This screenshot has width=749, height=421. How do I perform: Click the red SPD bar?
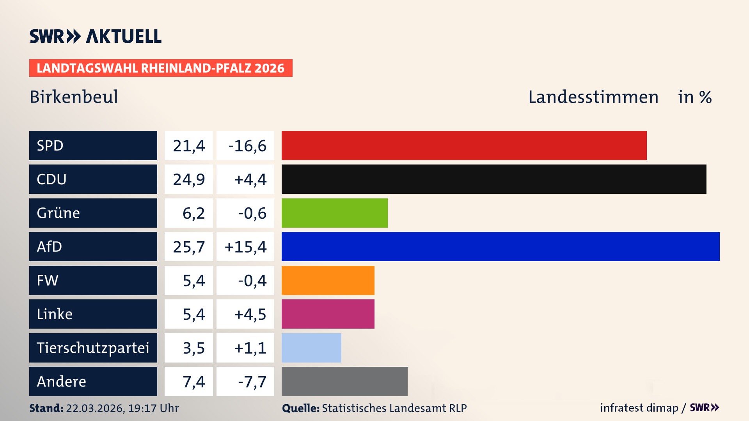tap(464, 145)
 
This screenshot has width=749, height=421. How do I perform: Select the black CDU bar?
tap(493, 179)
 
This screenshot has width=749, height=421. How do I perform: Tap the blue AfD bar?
tap(501, 246)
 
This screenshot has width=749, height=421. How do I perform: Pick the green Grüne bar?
tap(334, 213)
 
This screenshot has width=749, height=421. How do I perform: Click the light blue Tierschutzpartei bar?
tap(311, 348)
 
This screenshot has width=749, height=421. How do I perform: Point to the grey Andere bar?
tap(344, 381)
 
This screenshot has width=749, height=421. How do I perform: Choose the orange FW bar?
tap(328, 280)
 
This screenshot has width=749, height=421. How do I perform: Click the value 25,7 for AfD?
tap(189, 247)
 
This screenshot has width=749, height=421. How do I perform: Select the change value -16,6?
tap(247, 146)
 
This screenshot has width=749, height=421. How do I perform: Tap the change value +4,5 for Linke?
tap(250, 314)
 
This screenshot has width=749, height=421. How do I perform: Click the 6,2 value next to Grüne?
tap(193, 213)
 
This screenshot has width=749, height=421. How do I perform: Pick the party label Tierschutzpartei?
tap(93, 348)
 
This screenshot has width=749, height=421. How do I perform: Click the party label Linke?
tap(55, 314)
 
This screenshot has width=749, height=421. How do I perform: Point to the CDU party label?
tap(51, 179)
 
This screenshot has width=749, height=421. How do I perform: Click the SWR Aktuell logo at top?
tap(96, 36)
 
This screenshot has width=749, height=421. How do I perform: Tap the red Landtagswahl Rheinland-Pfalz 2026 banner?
tap(161, 68)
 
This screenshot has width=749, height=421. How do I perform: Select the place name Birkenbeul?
tap(74, 97)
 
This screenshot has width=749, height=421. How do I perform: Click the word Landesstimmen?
tap(593, 97)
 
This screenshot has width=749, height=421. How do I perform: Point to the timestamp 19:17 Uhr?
tap(153, 408)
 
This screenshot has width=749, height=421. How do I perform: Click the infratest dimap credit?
tap(639, 408)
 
